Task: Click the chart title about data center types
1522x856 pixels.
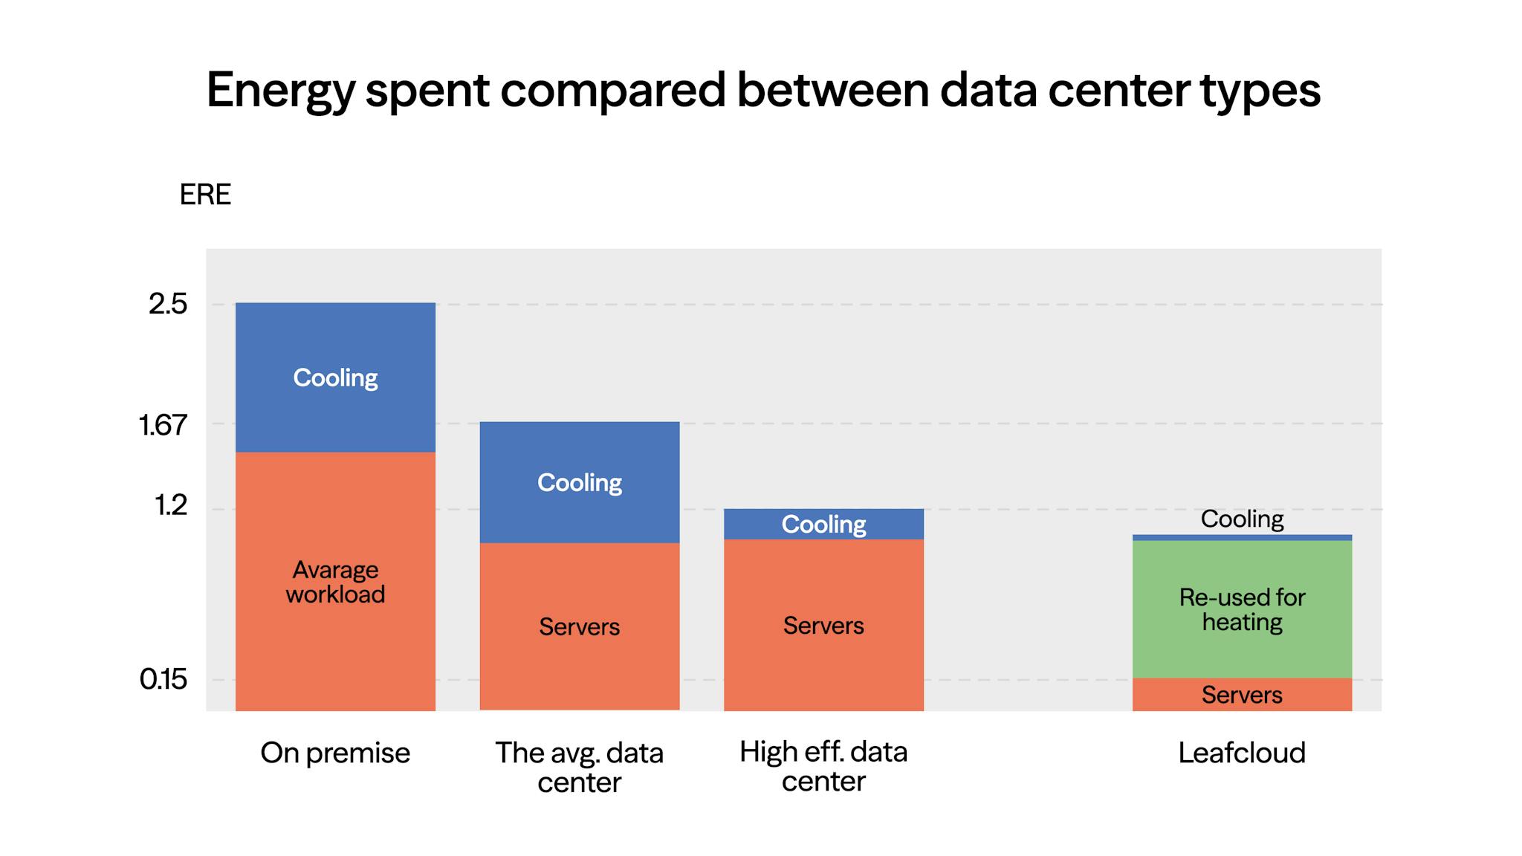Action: click(x=762, y=90)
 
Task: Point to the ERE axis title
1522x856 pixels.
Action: click(x=205, y=195)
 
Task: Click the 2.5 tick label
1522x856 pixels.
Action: click(x=168, y=304)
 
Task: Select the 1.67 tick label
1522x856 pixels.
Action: click(x=163, y=425)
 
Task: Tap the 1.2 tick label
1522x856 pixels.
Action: click(x=171, y=506)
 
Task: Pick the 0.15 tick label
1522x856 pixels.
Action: click(x=163, y=679)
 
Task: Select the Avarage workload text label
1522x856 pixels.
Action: click(x=335, y=582)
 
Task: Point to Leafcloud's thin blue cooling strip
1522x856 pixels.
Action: click(x=1242, y=537)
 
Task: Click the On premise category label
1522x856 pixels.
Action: click(x=335, y=753)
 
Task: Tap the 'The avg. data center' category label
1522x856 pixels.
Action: click(x=579, y=767)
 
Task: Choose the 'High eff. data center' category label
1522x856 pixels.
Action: click(x=823, y=766)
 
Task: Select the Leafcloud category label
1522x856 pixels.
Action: click(x=1242, y=753)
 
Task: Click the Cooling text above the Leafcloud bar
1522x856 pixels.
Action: click(x=1242, y=519)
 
